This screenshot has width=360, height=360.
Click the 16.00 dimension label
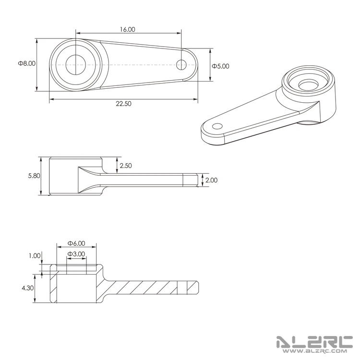tap(128, 29)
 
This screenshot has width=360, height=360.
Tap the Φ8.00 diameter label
tap(27, 63)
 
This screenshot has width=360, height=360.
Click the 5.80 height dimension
tap(35, 176)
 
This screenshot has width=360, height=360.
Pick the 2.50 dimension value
tap(126, 166)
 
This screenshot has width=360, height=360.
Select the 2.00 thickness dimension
tap(211, 180)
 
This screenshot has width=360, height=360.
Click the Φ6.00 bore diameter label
tap(76, 243)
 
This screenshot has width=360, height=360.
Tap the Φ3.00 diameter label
tap(76, 254)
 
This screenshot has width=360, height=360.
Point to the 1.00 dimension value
tap(35, 256)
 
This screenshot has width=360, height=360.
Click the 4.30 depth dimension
tap(27, 288)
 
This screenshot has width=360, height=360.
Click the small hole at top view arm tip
tap(181, 64)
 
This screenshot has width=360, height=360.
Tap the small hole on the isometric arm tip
tap(217, 126)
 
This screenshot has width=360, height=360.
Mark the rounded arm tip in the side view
tap(194, 180)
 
